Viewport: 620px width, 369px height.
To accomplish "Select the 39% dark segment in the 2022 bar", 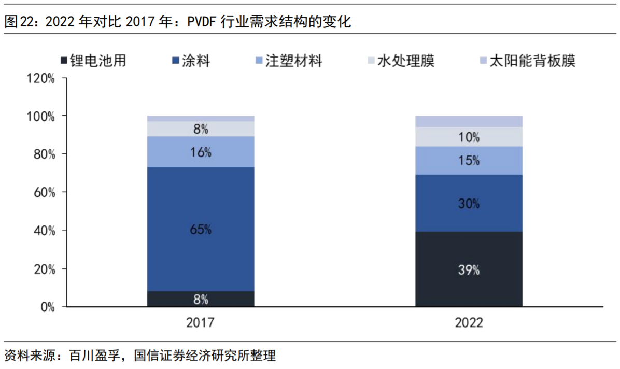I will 469,269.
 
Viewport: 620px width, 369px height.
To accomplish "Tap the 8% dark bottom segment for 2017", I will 201,299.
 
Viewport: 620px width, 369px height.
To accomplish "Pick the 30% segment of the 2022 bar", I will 469,203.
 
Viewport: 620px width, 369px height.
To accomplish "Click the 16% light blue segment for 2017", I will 201,152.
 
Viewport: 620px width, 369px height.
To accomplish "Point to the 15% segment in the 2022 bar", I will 469,161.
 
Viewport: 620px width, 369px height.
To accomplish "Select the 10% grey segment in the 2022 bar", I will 469,137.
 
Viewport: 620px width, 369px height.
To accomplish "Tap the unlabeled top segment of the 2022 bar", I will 469,121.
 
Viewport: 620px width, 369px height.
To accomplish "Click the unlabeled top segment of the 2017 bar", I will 201,119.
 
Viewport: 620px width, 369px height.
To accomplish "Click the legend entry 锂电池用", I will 98,61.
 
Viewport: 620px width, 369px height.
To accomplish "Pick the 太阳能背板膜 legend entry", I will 531,61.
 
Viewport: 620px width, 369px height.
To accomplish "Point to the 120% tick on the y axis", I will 41,78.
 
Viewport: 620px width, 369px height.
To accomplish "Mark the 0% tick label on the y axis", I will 47,307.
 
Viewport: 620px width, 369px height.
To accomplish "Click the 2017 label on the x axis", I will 201,323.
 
